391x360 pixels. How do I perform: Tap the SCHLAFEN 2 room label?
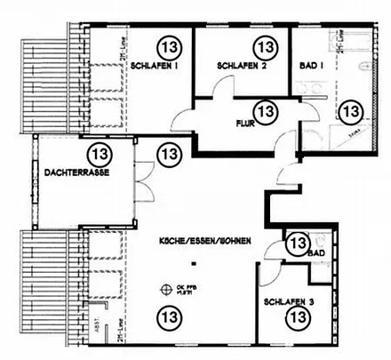coord(241,67)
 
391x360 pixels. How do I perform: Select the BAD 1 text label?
coord(313,67)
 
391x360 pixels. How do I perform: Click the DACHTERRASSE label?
coord(76,172)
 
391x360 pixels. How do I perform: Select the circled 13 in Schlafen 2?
coord(264,44)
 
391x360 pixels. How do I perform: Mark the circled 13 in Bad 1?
coord(352,110)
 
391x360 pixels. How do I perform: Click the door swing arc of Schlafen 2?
coord(219,90)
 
